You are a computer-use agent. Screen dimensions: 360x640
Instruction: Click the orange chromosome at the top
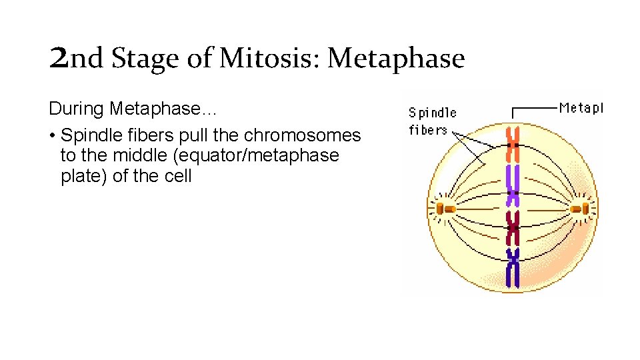(512, 145)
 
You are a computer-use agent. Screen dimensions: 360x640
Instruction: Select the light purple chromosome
(512, 185)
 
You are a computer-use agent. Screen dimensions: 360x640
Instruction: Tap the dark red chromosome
(512, 229)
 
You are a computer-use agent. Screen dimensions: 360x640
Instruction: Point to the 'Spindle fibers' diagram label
(432, 121)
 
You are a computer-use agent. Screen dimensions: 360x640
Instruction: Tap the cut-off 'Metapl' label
(581, 107)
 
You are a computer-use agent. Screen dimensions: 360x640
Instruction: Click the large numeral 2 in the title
(58, 59)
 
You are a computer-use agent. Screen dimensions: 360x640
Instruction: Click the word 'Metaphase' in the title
(396, 59)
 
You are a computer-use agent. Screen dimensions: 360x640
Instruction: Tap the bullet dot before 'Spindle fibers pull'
(51, 136)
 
